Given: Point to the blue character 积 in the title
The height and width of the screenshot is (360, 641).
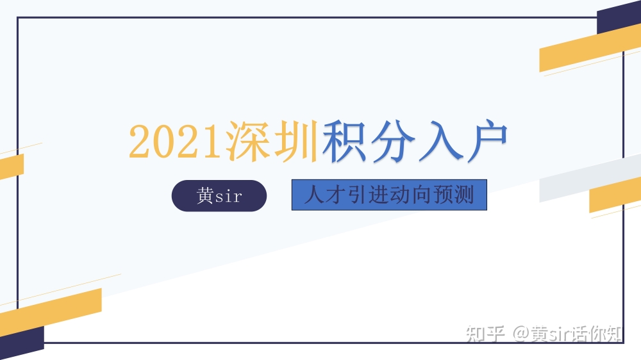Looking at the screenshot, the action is tap(344, 140).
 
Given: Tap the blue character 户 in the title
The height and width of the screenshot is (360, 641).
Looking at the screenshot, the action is tap(487, 140).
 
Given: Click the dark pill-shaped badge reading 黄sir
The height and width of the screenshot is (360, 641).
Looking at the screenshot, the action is tap(219, 196).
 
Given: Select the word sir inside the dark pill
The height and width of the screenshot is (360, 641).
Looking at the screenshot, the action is tap(229, 197).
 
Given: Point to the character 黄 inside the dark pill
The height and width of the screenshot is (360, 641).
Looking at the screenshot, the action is tap(205, 196).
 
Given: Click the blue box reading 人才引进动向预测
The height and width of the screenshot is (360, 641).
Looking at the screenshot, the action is tap(389, 195).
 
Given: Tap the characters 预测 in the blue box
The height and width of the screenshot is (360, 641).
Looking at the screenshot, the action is tap(453, 195).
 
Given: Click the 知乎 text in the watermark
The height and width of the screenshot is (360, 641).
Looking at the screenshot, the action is tap(485, 334).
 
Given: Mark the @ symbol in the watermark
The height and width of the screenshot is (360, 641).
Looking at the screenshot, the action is tap(520, 334).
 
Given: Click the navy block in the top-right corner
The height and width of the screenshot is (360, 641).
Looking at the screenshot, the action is tap(619, 17).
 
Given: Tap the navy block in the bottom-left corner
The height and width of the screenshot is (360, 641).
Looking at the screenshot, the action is tap(22, 343).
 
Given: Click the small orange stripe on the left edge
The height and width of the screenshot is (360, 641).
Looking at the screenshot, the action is tap(12, 167).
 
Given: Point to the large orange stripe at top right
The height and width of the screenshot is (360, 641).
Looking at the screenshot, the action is tap(590, 48).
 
